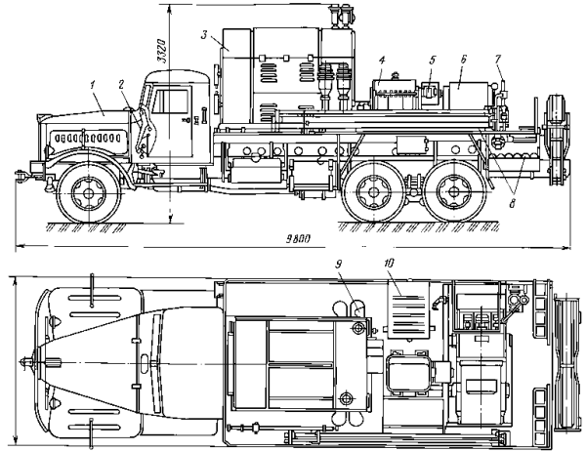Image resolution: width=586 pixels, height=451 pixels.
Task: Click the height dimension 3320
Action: [162, 51]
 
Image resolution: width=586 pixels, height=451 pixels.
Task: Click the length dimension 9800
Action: [298, 239]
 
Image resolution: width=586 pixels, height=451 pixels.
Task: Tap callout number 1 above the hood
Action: [92, 85]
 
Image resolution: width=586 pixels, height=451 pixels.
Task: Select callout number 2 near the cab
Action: [121, 85]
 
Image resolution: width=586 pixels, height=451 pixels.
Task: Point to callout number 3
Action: [204, 35]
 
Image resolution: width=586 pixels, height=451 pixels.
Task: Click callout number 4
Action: [382, 60]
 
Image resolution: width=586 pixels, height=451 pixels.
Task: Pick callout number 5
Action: [433, 60]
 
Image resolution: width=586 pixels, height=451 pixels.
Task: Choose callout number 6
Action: [463, 59]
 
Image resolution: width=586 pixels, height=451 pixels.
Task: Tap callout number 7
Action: [497, 59]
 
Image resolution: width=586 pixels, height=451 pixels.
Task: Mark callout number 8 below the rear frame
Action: [512, 204]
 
